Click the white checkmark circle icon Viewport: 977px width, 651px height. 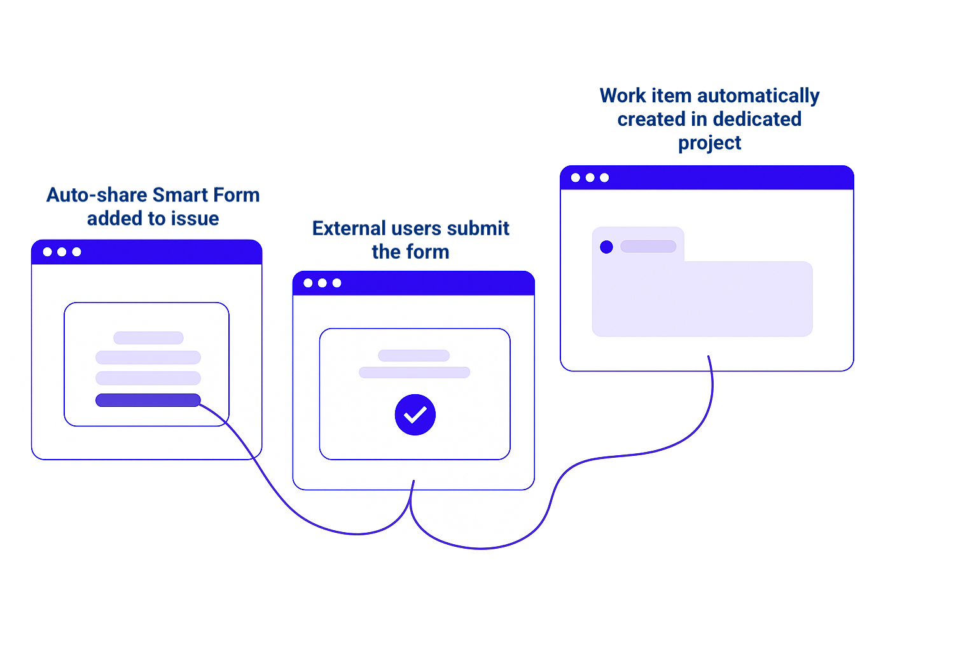415,415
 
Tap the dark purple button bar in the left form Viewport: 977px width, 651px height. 148,400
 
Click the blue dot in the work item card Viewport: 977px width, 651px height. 606,247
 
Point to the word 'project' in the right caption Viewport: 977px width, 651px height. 709,143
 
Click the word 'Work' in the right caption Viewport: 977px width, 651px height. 623,95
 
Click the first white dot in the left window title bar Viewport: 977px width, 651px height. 48,252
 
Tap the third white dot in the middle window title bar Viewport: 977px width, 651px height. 337,283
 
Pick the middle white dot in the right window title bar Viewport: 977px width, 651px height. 590,177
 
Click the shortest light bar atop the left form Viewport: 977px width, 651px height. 148,338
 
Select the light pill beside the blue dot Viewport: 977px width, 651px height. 648,246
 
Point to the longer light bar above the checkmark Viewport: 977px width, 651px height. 414,373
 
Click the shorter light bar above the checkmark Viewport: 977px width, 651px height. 413,355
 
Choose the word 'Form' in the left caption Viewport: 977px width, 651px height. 236,195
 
